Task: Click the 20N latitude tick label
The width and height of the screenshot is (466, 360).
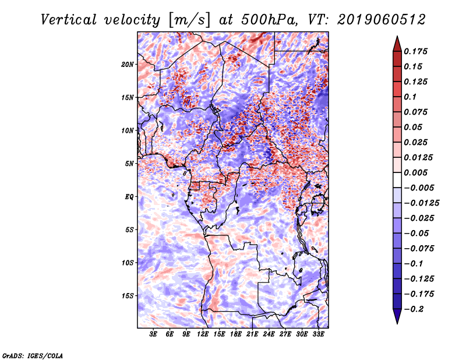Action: pyautogui.click(x=128, y=65)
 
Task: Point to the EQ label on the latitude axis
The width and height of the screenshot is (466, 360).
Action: pyautogui.click(x=129, y=197)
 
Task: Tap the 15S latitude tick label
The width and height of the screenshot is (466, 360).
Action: pyautogui.click(x=128, y=296)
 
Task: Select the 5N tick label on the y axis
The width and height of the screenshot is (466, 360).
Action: pyautogui.click(x=129, y=164)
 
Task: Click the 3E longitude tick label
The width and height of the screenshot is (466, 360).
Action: pyautogui.click(x=153, y=334)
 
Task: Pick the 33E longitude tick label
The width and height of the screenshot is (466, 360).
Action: pyautogui.click(x=318, y=334)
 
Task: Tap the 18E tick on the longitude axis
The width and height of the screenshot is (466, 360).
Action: pyautogui.click(x=236, y=334)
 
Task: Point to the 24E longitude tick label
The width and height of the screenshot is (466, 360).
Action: pyautogui.click(x=269, y=334)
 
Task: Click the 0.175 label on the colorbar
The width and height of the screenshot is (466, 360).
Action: pyautogui.click(x=415, y=51)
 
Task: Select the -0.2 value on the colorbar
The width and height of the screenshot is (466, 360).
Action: pyautogui.click(x=414, y=309)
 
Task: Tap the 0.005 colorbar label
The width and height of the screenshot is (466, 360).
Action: pyautogui.click(x=415, y=172)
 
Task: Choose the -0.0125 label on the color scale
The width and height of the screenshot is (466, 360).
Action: pyautogui.click(x=421, y=203)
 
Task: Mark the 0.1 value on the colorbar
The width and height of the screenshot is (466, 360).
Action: pyautogui.click(x=410, y=97)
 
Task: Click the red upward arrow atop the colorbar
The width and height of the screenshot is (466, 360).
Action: pyautogui.click(x=397, y=44)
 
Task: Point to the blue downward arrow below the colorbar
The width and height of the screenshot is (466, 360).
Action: pyautogui.click(x=397, y=316)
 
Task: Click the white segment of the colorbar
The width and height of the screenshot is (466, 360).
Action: pyautogui.click(x=397, y=180)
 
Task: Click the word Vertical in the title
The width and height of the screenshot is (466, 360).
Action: pyautogui.click(x=69, y=20)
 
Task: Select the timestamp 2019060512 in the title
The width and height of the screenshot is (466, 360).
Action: pyautogui.click(x=382, y=20)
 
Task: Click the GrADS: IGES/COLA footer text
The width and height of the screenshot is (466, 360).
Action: pyautogui.click(x=33, y=355)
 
